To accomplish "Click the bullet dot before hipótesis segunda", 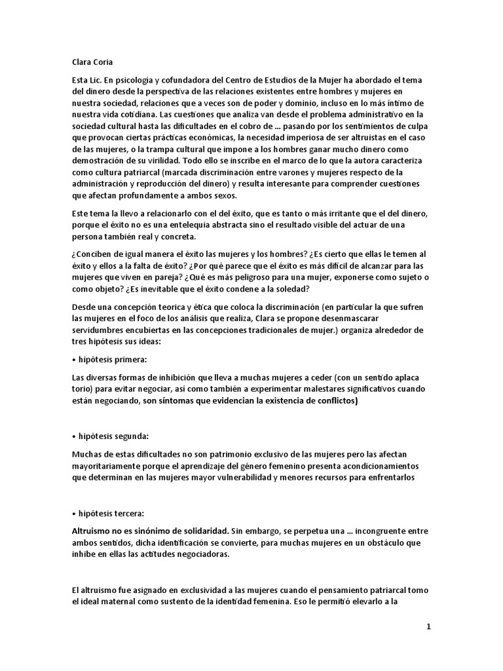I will pos(74,436).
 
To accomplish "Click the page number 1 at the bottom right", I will pos(428,627).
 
